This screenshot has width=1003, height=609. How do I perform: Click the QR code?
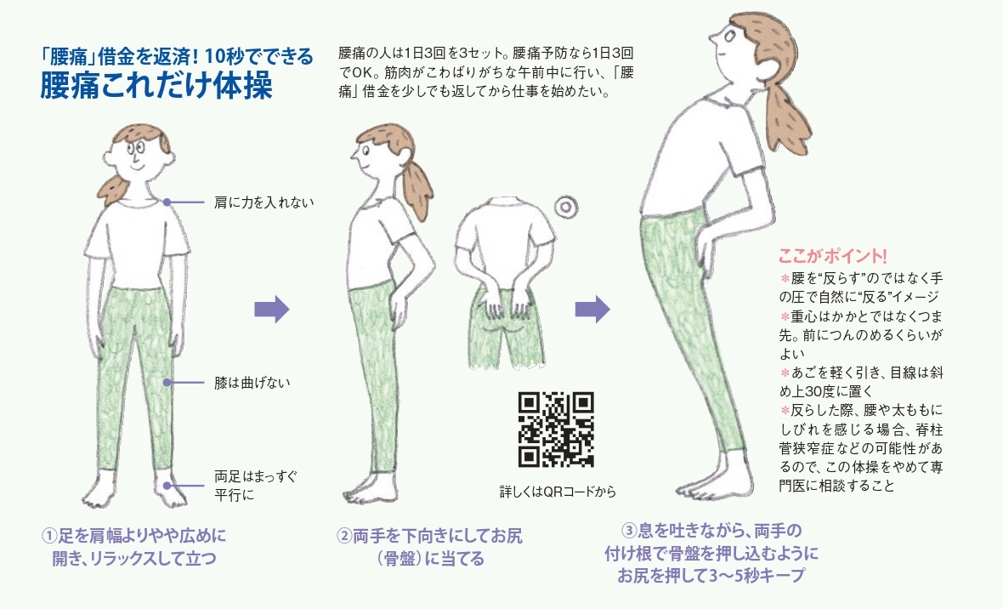(x=556, y=429)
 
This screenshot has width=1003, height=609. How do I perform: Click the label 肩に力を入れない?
(x=264, y=202)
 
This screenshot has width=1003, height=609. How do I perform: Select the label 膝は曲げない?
(x=252, y=383)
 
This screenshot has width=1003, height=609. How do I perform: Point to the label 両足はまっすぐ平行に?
(x=256, y=486)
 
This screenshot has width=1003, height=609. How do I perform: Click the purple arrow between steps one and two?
(x=272, y=310)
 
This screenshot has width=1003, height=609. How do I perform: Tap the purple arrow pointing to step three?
(x=592, y=310)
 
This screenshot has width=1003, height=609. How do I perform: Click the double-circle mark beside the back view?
(x=566, y=207)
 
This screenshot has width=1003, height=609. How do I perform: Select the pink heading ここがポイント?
(x=833, y=256)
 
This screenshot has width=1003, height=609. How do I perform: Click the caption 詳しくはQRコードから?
(x=558, y=492)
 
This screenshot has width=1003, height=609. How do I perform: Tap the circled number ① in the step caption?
(x=49, y=535)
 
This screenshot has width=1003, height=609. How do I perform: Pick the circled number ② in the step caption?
(x=344, y=535)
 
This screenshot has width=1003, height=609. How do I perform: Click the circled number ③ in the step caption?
(x=630, y=531)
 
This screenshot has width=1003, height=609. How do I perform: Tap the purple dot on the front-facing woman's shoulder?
(x=167, y=202)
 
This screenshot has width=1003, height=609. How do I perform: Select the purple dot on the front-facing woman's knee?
(x=167, y=383)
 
